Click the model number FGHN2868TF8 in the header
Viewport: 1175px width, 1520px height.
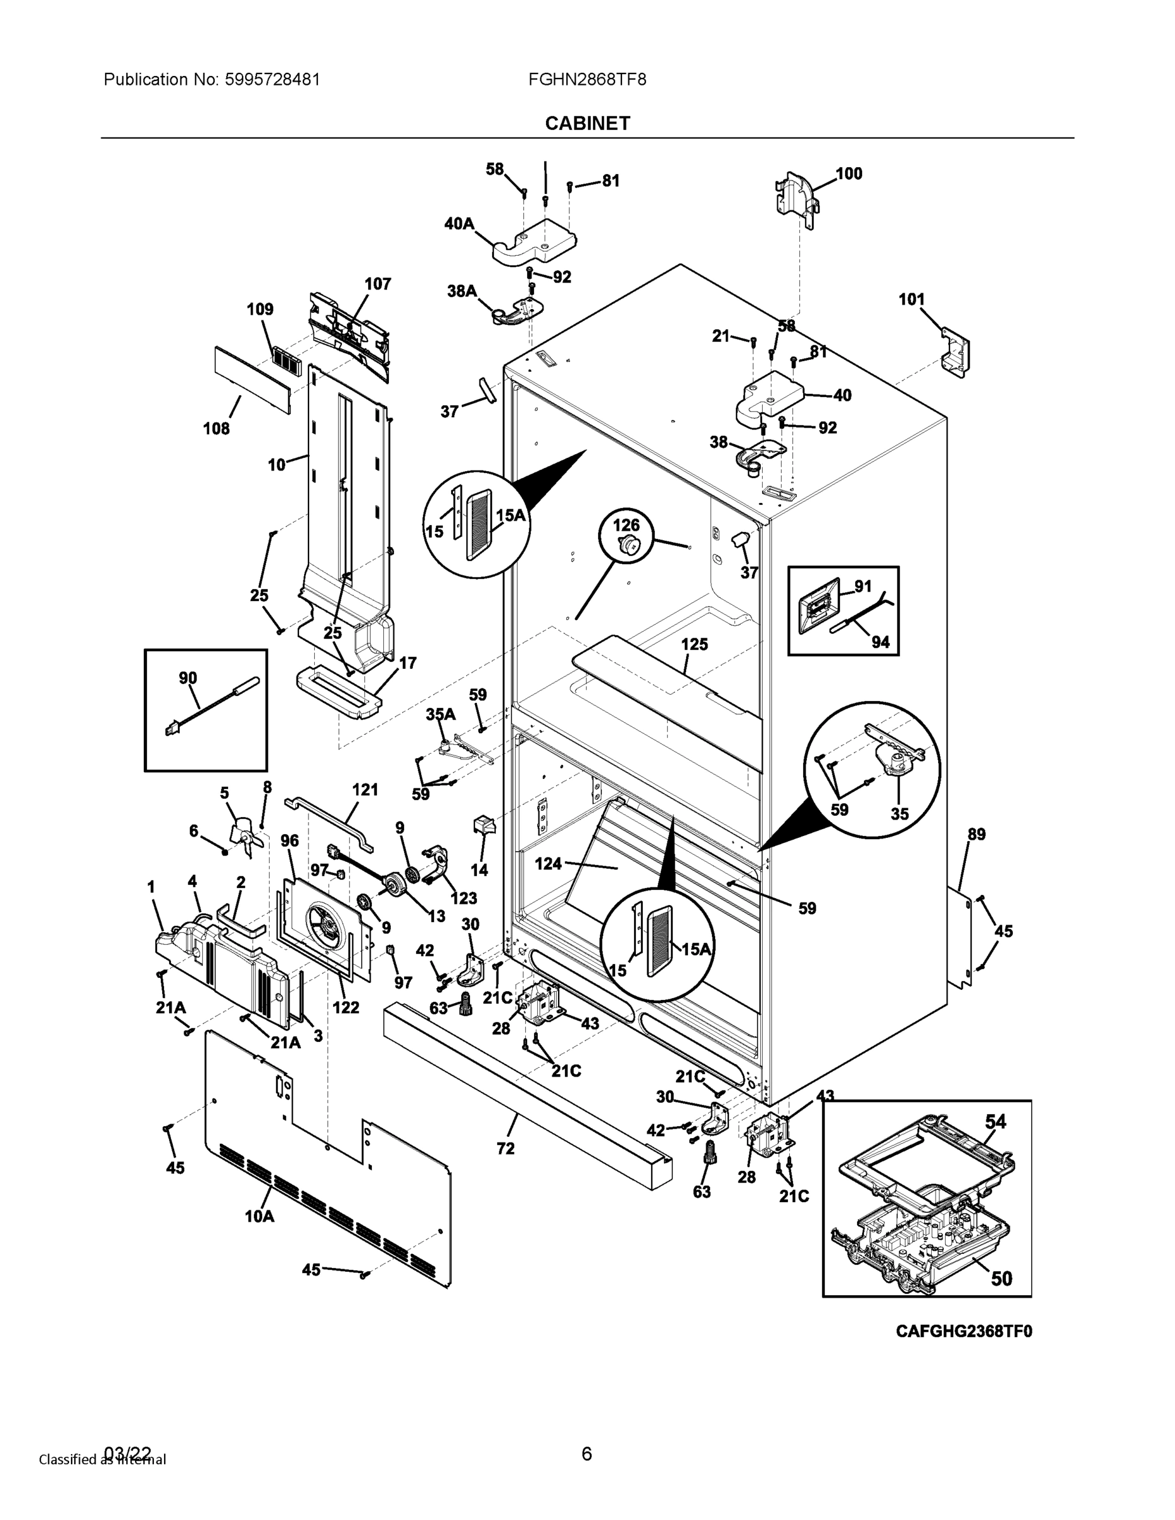(587, 79)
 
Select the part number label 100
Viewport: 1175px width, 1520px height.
(849, 174)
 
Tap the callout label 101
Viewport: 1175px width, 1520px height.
(911, 300)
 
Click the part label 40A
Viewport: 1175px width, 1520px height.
(459, 224)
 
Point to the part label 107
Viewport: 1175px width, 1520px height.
(378, 283)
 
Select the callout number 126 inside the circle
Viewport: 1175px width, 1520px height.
(626, 525)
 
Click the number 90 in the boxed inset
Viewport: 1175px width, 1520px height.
(188, 678)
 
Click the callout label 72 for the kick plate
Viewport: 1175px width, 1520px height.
(505, 1148)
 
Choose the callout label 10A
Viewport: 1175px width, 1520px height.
(259, 1217)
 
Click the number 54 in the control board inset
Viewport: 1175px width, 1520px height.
(995, 1121)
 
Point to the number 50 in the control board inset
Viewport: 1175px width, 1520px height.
(1001, 1278)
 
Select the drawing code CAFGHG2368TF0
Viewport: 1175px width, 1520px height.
(963, 1331)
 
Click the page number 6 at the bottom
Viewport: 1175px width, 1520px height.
(587, 1453)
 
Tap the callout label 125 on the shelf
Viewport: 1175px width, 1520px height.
(694, 645)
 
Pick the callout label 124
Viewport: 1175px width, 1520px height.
(548, 864)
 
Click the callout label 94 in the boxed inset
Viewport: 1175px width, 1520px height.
(880, 642)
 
